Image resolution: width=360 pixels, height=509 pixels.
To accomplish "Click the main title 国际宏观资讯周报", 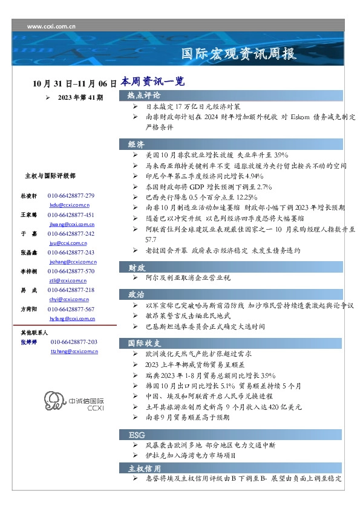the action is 239,54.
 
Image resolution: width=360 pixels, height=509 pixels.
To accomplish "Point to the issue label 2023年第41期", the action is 80,97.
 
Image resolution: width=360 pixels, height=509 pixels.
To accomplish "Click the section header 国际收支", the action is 143,343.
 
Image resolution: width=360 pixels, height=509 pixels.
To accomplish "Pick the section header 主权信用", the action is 143,468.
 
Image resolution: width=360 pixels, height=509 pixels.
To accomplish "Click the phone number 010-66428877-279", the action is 71,196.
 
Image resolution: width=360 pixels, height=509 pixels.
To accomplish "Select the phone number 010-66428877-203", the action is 74,342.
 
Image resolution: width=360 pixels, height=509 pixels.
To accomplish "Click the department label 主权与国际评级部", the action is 50,175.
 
